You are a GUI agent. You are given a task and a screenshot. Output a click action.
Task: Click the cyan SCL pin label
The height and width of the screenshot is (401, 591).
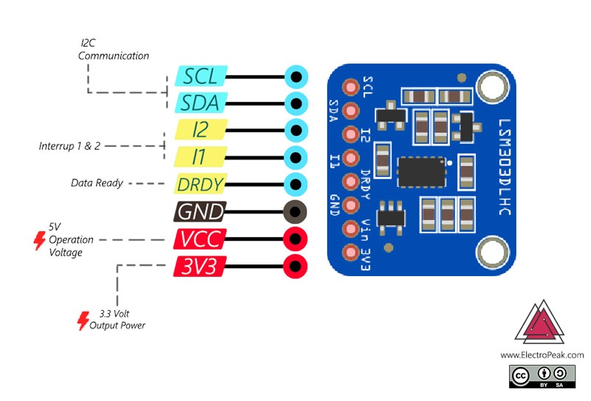point(201,76)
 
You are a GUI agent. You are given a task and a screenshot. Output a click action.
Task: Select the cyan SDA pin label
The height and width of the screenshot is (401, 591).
point(201,103)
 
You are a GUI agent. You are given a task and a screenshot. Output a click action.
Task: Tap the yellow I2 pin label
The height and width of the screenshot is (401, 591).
point(201,130)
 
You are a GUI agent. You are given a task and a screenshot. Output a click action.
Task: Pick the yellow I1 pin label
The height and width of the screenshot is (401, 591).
point(200,157)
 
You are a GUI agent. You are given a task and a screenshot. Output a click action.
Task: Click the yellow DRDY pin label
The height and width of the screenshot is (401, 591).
point(200,184)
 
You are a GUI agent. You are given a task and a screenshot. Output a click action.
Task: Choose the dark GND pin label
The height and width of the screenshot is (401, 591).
point(200,211)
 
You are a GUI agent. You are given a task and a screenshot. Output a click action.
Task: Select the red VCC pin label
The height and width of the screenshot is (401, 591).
point(200,239)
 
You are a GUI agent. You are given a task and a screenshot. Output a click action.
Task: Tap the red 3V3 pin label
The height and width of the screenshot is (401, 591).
point(200,267)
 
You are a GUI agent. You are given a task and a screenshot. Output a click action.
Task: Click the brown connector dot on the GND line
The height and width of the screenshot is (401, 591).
point(295,212)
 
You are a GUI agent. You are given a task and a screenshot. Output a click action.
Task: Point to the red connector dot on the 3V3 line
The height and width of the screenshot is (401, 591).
point(295,267)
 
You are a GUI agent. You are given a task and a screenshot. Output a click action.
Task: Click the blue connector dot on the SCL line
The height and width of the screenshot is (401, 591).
point(296,77)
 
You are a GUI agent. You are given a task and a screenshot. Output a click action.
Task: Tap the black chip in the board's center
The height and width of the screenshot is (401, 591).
point(422,172)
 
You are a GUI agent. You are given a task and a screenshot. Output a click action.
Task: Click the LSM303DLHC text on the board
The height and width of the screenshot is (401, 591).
point(505,167)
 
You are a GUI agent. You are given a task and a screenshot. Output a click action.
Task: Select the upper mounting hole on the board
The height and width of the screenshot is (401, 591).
point(493,86)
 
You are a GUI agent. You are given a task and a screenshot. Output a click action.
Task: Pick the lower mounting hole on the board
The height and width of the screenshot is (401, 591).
point(493,252)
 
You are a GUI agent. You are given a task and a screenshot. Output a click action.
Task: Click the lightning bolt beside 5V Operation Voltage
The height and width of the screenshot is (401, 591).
point(39,241)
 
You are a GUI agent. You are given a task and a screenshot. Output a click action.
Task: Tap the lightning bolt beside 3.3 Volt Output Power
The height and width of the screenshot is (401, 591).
point(83,321)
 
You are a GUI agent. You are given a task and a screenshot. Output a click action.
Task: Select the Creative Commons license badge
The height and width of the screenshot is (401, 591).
point(542,376)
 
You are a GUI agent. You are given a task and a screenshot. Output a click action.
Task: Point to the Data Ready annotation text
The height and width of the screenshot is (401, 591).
point(97,183)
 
